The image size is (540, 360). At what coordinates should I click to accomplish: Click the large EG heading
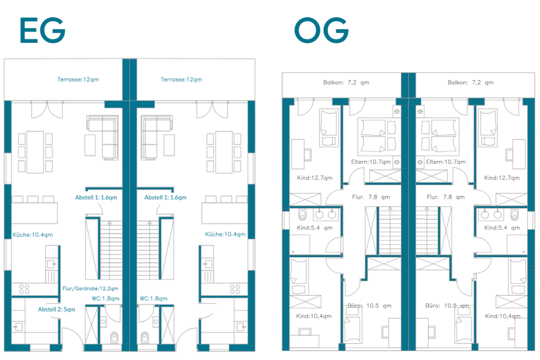click(43, 30)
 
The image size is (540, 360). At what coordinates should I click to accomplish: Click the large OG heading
click(321, 30)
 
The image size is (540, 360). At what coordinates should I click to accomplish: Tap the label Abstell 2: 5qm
click(56, 309)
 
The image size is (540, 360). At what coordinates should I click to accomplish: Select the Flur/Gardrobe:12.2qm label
click(90, 288)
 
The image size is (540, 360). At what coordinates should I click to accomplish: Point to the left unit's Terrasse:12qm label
click(78, 80)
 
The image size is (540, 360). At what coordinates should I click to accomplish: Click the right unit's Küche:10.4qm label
click(225, 235)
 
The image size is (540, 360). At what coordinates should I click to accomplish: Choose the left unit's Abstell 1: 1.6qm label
click(96, 198)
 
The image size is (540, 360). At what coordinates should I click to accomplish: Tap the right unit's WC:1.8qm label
click(153, 298)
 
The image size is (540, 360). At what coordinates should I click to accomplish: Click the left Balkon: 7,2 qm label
click(346, 83)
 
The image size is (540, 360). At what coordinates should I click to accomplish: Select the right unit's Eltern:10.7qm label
click(446, 162)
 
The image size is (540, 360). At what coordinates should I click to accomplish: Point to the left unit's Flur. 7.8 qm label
click(371, 197)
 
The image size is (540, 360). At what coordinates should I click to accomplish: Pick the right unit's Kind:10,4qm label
click(503, 316)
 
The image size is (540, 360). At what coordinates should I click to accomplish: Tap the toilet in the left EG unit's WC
click(114, 337)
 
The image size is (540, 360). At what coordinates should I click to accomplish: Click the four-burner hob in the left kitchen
click(24, 289)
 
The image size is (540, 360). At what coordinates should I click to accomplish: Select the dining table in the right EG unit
click(224, 152)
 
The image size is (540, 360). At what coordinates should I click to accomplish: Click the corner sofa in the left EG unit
click(103, 138)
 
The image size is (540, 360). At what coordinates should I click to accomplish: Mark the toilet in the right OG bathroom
click(515, 214)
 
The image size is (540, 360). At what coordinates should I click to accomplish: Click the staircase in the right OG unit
click(427, 230)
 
